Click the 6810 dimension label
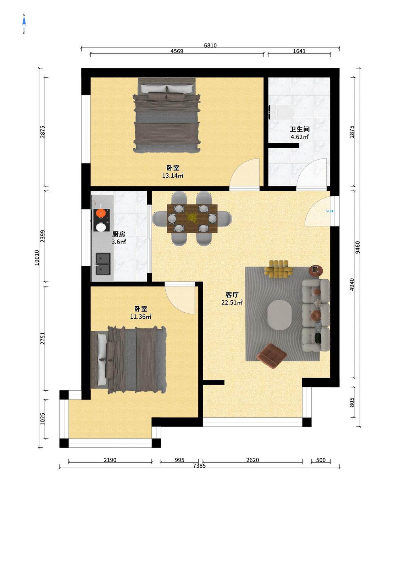210,45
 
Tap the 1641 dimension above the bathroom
299,51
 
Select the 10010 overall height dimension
37,258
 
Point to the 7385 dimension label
199,465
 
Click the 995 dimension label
179,460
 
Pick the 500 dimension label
321,460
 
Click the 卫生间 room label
299,129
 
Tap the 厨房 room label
118,234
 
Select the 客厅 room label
232,295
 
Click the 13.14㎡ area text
173,175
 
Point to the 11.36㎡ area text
140,317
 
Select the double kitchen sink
103,264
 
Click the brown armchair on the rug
272,356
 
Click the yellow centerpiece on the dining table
192,218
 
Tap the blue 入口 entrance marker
329,211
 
